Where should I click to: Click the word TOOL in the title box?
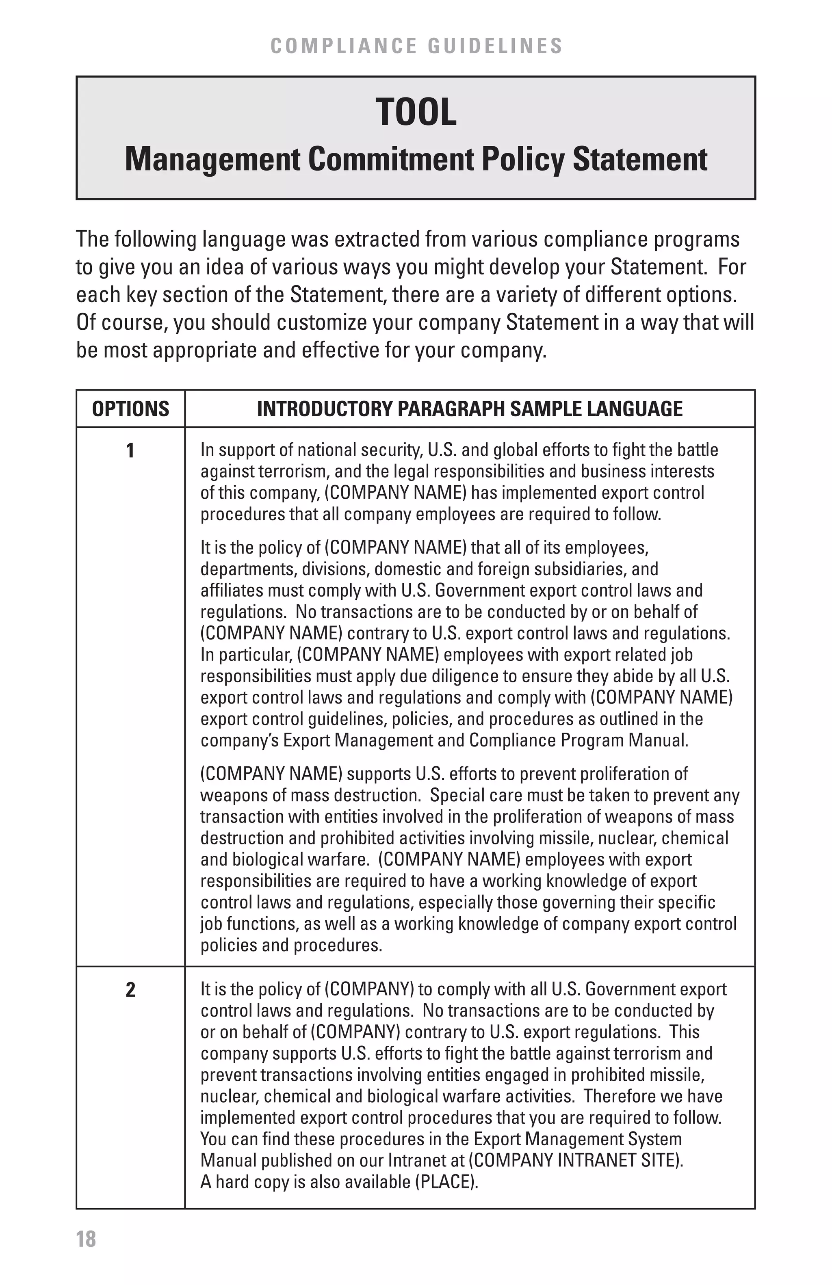click(x=416, y=113)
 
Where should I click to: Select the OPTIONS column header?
click(x=131, y=409)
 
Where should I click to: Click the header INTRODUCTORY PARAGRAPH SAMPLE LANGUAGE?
click(x=470, y=409)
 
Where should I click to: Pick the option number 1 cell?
click(x=130, y=450)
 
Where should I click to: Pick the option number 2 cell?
click(x=130, y=990)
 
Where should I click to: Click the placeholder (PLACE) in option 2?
click(x=446, y=1182)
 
